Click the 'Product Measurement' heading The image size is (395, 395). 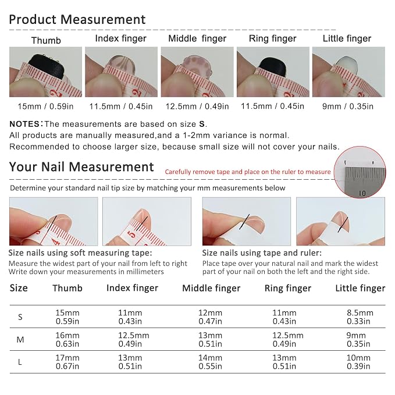tap(77, 20)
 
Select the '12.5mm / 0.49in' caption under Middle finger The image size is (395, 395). tap(197, 106)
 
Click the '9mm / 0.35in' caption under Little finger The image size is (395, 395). tap(348, 106)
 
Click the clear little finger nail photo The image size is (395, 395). tap(348, 72)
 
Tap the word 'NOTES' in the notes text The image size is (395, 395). tap(24, 124)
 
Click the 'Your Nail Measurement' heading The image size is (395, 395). tap(81, 167)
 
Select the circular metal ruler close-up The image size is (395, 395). tap(360, 172)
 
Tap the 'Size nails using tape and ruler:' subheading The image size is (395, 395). tap(262, 252)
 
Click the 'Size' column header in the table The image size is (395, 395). tap(19, 288)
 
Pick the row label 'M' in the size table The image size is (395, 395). tap(20, 340)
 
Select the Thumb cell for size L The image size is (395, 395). tap(67, 362)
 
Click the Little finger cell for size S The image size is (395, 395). tap(360, 317)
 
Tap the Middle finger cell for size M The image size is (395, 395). tap(211, 339)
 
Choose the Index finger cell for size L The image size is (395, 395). tap(130, 362)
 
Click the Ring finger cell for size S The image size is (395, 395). tap(284, 317)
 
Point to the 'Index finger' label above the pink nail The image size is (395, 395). tap(120, 38)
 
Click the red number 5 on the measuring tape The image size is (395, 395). tap(132, 235)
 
